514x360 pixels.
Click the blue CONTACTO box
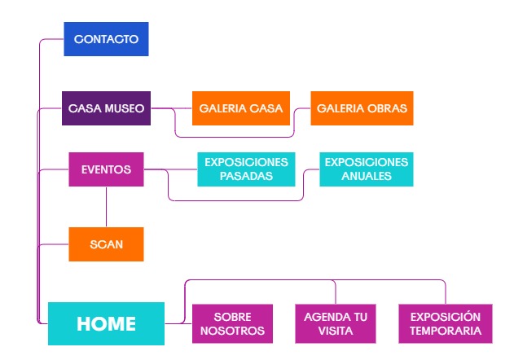pos(106,38)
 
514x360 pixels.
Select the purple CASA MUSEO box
pos(106,108)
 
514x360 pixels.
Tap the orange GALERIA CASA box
pos(241,108)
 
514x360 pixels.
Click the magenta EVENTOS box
pos(106,169)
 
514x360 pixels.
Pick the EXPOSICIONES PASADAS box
pos(246,169)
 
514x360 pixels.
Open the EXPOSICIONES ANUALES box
pos(366,169)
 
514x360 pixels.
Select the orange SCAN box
pos(106,244)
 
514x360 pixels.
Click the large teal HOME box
pos(106,323)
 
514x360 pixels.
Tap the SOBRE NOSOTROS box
pos(232,323)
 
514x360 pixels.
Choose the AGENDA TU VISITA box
pos(336,323)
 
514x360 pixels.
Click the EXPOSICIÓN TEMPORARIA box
pos(446,323)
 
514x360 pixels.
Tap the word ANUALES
pos(366,175)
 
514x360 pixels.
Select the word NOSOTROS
pos(232,331)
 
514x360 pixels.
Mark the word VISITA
pos(336,331)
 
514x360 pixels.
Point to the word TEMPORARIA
pos(446,331)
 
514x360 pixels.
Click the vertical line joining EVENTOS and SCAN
pos(106,207)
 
